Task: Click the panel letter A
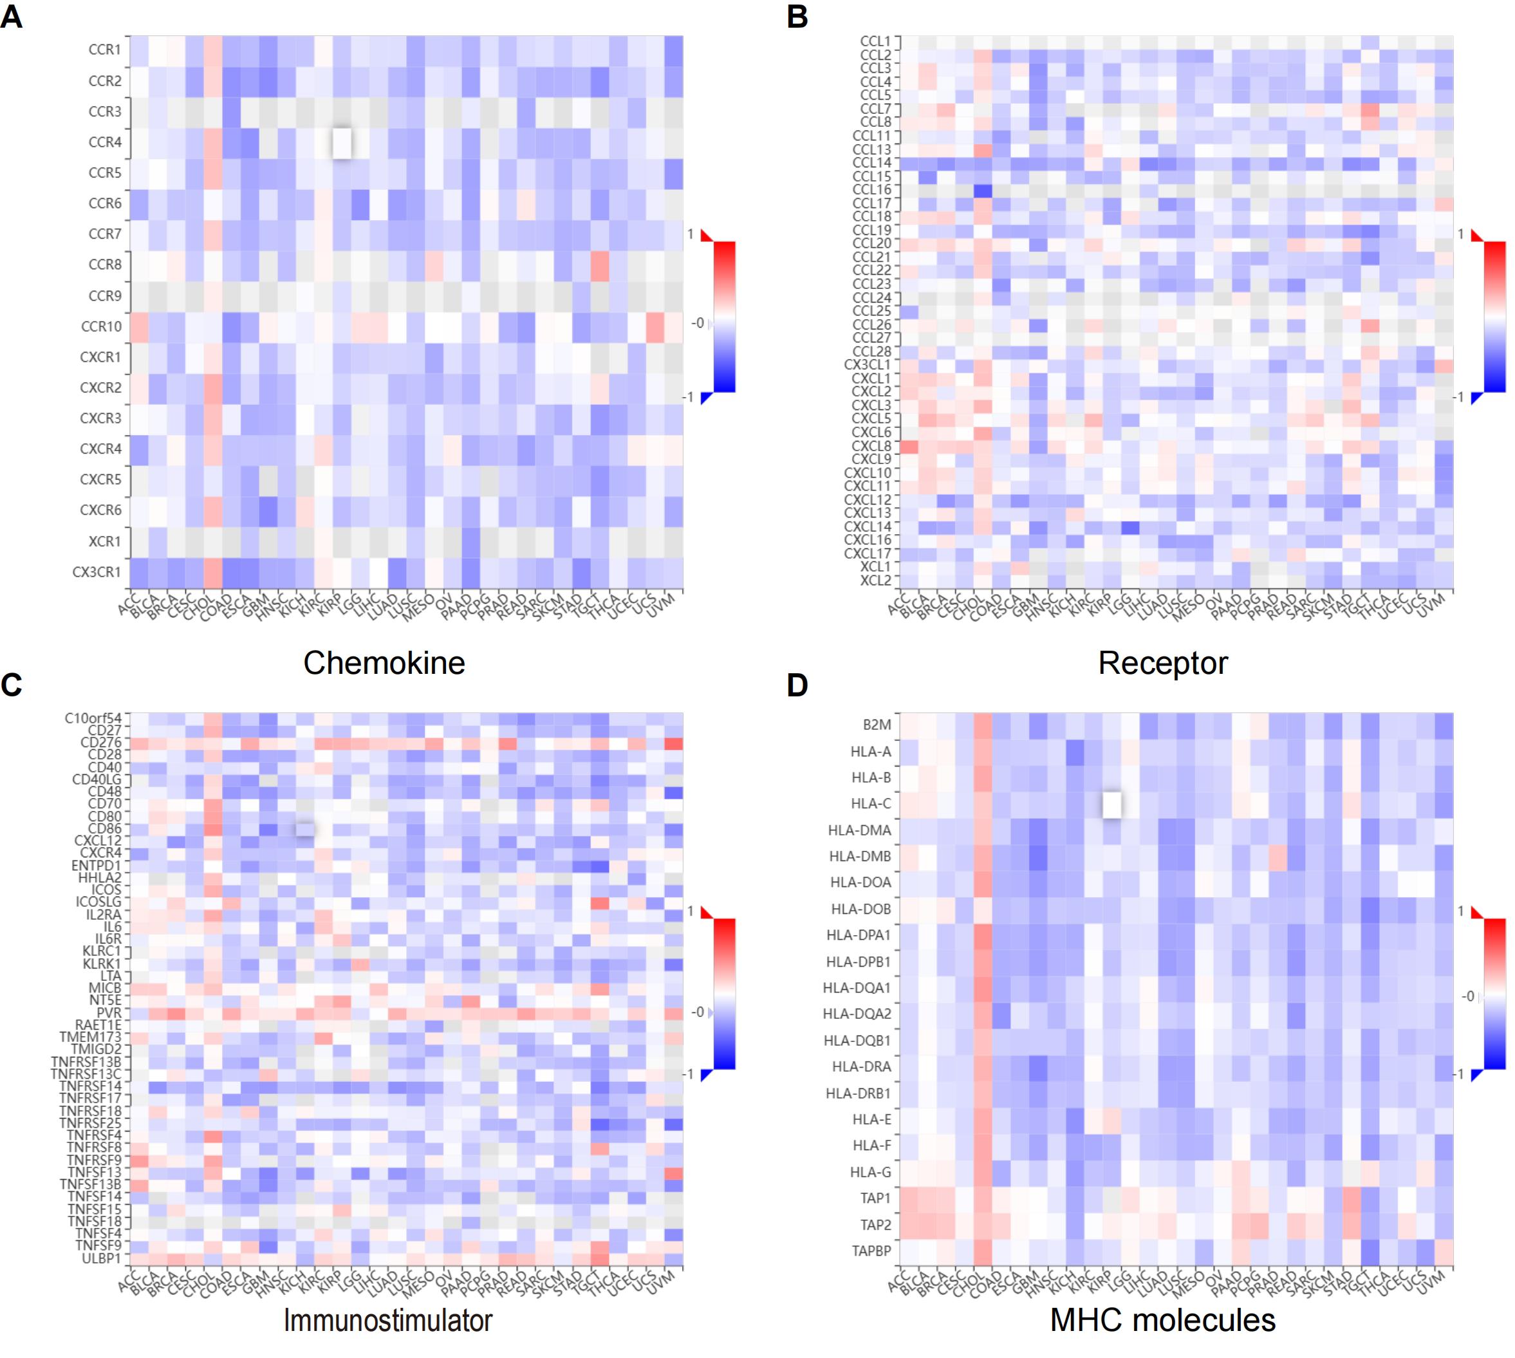coord(11,17)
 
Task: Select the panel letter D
coord(797,685)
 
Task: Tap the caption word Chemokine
coord(384,662)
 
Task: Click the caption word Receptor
coord(1162,662)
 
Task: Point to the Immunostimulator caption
coord(388,1320)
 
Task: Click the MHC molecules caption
coord(1162,1320)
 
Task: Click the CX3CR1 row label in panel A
coord(97,572)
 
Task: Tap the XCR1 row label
coord(104,541)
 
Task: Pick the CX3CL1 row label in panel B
coord(868,365)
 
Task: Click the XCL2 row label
coord(875,580)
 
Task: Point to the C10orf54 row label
coord(93,718)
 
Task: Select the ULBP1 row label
coord(102,1258)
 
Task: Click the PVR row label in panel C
coord(109,1012)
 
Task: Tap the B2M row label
coord(877,725)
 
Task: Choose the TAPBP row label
coord(871,1251)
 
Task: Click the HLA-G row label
coord(871,1171)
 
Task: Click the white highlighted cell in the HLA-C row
coord(1111,805)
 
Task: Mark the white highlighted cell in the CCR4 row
coord(342,142)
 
